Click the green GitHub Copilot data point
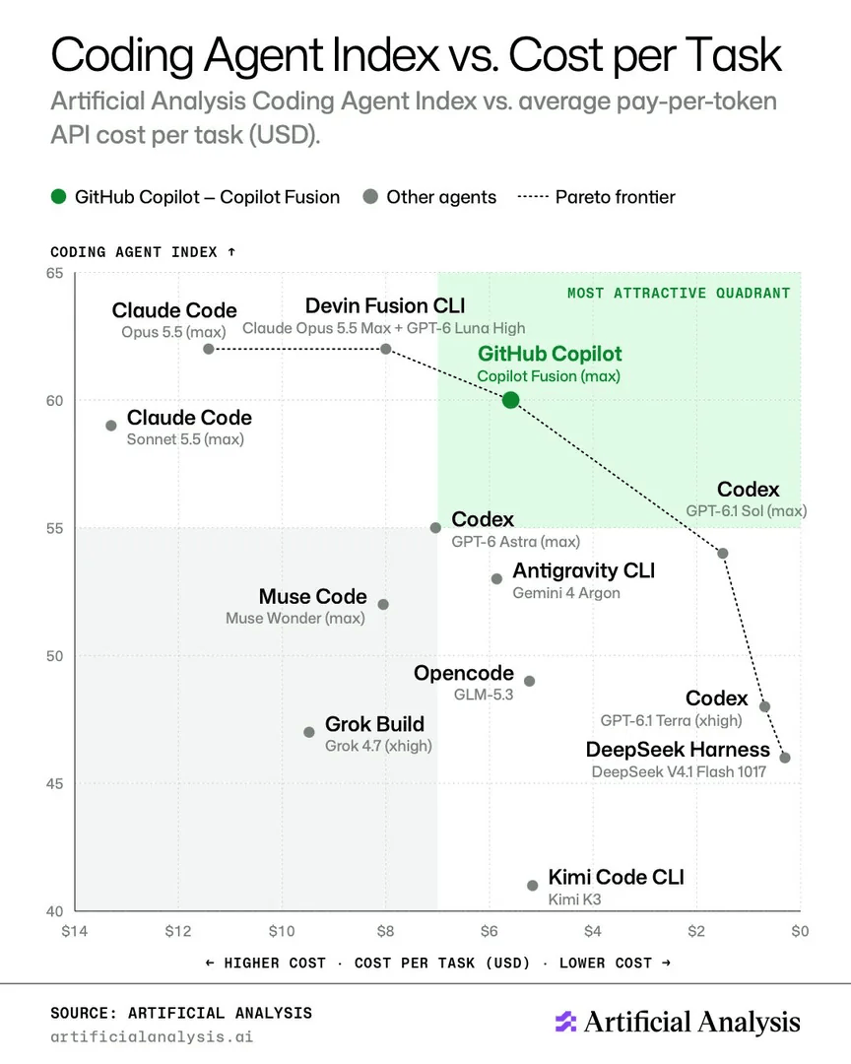(511, 400)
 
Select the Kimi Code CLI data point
(533, 886)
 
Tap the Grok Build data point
(309, 732)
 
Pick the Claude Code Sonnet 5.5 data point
(111, 426)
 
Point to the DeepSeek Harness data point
(785, 758)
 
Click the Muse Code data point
(383, 605)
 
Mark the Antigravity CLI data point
(496, 579)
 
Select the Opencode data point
(529, 682)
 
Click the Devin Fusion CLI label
(385, 306)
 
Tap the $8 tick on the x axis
(385, 931)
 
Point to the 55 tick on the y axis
(55, 529)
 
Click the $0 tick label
(800, 931)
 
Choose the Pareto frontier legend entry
(597, 197)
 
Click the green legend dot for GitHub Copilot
(59, 197)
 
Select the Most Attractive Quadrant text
(679, 294)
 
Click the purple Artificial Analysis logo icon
(565, 1022)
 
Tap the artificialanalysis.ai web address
(152, 1036)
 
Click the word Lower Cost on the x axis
(606, 963)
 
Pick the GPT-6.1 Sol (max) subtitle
(747, 511)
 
